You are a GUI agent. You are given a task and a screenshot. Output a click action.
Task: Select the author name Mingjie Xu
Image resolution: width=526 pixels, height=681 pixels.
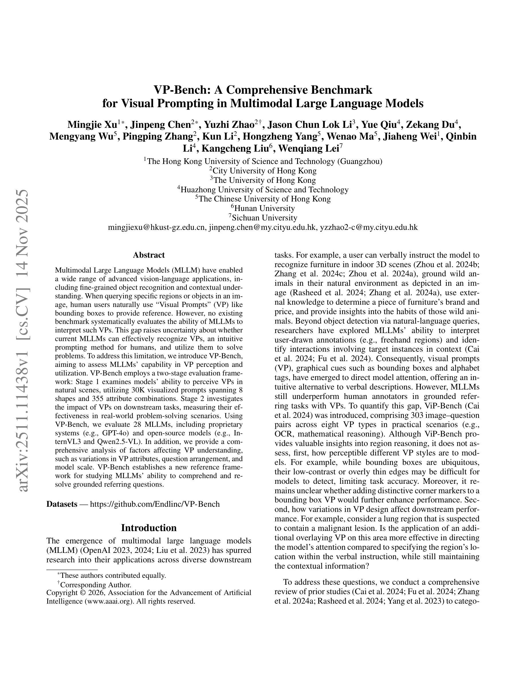(92, 125)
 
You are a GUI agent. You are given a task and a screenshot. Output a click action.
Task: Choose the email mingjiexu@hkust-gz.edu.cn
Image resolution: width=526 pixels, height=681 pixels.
(156, 227)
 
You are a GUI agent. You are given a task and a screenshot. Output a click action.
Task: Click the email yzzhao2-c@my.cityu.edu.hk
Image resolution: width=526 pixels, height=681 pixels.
(369, 227)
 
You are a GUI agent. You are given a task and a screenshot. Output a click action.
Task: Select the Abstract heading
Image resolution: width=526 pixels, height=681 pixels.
(149, 255)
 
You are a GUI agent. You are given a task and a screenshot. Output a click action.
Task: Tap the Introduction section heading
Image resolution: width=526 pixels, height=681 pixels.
(149, 528)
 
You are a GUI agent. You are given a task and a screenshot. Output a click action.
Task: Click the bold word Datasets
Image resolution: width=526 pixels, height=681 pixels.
(62, 504)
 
